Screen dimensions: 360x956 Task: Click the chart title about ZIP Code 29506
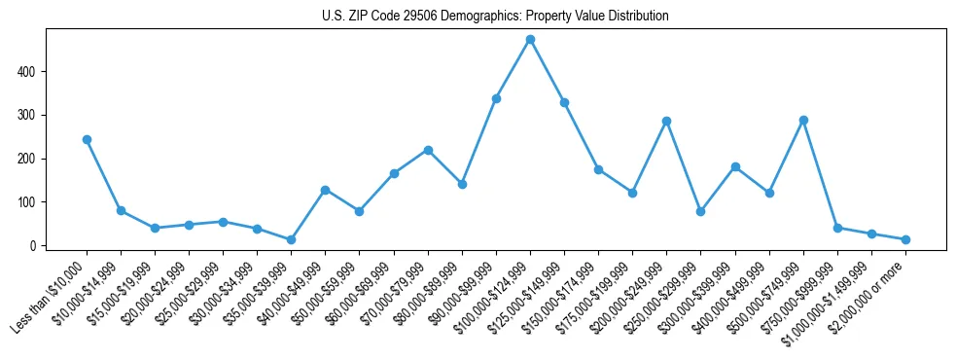495,17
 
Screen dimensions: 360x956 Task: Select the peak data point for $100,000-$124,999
530,40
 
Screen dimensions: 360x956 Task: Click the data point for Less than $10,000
87,139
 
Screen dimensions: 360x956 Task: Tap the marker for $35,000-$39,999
291,239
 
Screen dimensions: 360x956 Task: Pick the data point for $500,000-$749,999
803,120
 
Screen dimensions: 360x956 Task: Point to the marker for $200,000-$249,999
666,121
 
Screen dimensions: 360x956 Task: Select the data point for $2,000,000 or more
905,239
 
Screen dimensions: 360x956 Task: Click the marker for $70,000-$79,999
428,150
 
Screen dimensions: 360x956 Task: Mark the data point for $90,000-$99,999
496,98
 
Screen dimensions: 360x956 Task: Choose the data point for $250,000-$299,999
700,211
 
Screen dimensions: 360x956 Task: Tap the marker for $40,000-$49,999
325,190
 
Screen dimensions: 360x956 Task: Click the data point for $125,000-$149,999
564,102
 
